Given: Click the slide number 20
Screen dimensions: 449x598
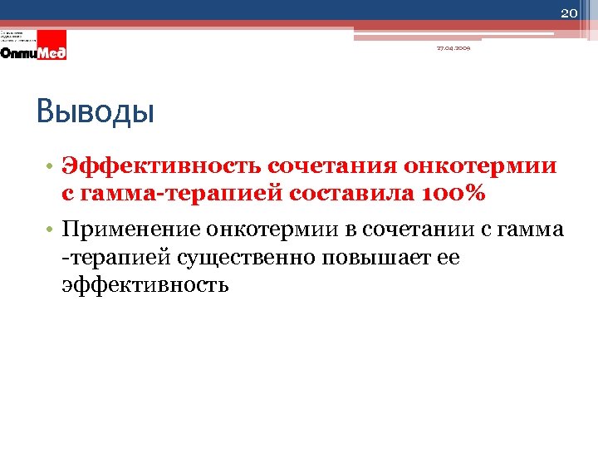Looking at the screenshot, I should coord(568,12).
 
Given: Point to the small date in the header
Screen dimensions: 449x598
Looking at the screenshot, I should coord(453,49).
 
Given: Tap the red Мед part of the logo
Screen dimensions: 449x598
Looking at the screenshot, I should coord(51,52).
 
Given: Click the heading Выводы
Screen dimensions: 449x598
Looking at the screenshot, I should coord(96,111).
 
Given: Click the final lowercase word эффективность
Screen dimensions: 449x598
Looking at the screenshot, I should coord(145,285).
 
